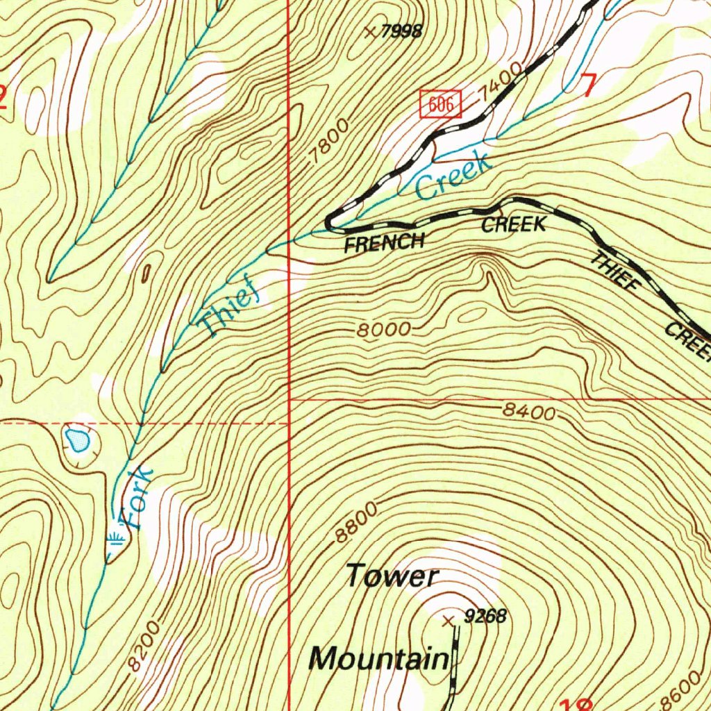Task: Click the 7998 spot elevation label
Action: point(402,32)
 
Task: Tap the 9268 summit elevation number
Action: point(485,616)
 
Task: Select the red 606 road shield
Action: point(441,105)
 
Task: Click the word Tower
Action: point(392,576)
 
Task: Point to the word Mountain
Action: point(379,658)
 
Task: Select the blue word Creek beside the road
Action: point(454,176)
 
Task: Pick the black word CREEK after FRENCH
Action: point(514,224)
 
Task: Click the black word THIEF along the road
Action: point(615,271)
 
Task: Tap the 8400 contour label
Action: point(530,412)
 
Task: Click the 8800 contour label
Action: point(355,521)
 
